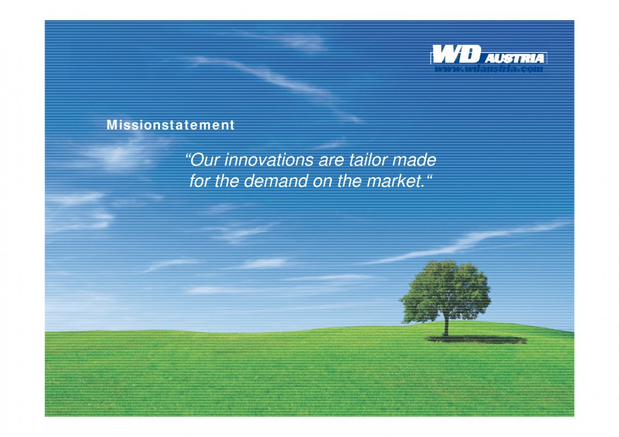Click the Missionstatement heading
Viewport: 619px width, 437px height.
pyautogui.click(x=171, y=125)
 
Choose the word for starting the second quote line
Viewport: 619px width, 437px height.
pyautogui.click(x=200, y=181)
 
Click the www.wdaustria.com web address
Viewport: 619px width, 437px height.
pyautogui.click(x=488, y=69)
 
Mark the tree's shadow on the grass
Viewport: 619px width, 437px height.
pyautogui.click(x=478, y=340)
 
